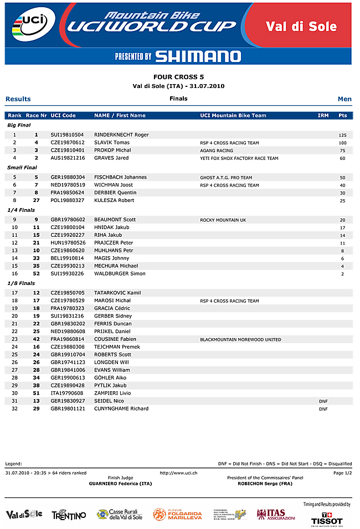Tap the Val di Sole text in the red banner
(301, 27)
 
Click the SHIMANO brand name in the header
(198, 56)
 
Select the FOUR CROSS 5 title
(179, 77)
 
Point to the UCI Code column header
(63, 116)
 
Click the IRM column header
(323, 116)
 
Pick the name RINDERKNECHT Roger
(121, 135)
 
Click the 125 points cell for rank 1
(342, 135)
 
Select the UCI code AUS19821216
(67, 158)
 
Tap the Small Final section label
(22, 168)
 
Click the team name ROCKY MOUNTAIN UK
(223, 220)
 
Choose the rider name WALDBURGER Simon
(120, 274)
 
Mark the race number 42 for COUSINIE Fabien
(36, 339)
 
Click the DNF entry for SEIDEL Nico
(323, 401)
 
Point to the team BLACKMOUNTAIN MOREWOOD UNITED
(240, 340)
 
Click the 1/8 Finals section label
(21, 283)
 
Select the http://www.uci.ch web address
(179, 473)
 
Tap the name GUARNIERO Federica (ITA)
(120, 484)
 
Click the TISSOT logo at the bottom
(327, 521)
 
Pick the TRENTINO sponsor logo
(69, 515)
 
